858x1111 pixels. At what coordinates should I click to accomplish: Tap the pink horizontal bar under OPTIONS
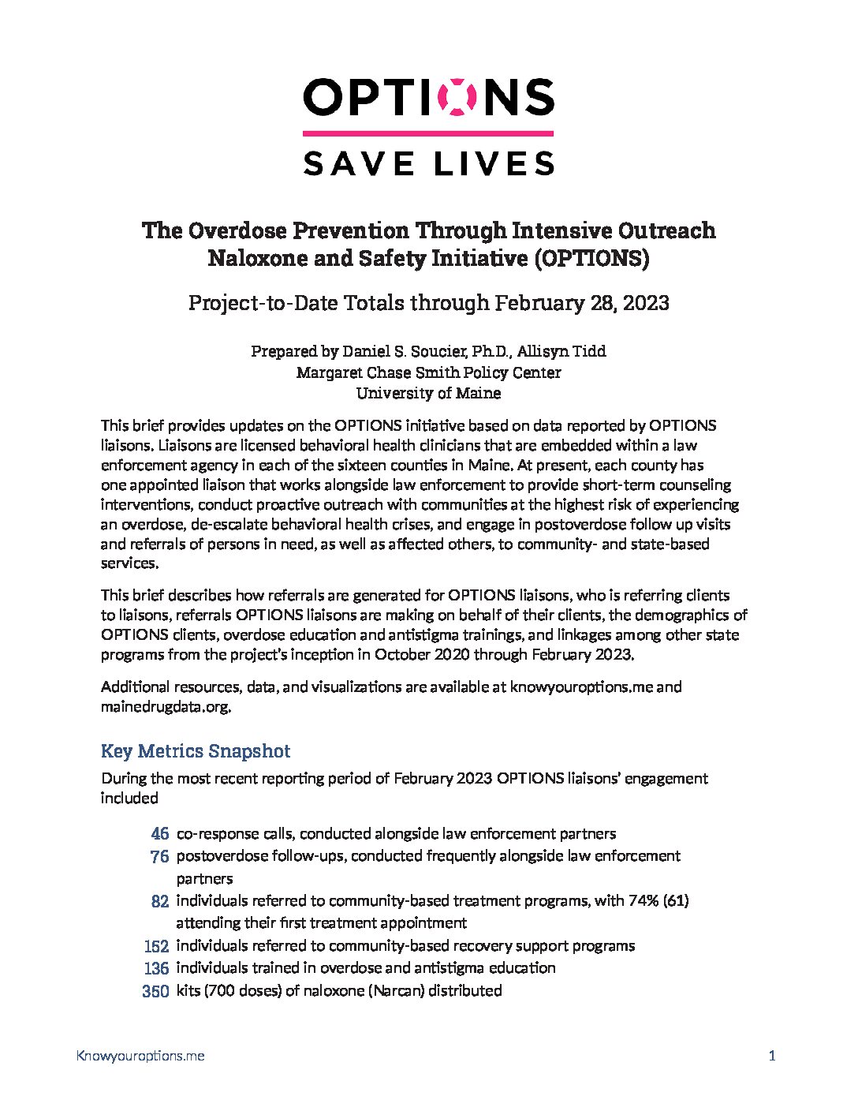[428, 133]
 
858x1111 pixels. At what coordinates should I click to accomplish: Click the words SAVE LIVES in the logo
[428, 163]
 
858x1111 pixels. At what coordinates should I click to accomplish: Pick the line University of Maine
[428, 393]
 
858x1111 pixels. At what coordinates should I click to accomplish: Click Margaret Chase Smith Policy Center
[428, 372]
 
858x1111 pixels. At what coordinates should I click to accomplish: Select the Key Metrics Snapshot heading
[196, 750]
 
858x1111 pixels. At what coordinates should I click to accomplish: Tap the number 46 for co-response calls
[159, 833]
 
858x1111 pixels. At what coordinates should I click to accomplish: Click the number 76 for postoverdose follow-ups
[159, 856]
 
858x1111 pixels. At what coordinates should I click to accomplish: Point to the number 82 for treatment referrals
[159, 901]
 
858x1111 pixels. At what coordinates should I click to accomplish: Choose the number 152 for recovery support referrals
[156, 946]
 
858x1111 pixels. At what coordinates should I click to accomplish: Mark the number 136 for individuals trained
[156, 968]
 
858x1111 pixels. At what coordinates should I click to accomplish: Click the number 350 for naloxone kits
[155, 991]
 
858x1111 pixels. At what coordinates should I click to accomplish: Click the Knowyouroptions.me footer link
[140, 1056]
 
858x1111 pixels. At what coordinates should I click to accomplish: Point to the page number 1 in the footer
[772, 1056]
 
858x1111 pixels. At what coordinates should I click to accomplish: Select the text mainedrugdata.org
[165, 707]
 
